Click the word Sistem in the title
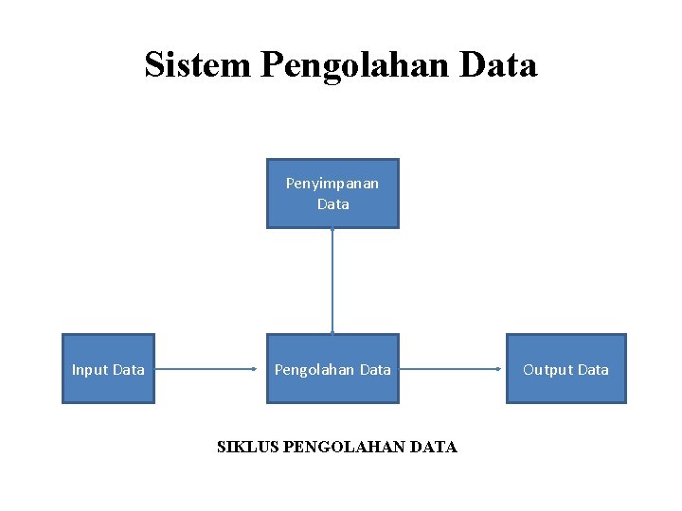pos(197,64)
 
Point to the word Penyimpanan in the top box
pos(332,183)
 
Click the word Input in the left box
pos(89,370)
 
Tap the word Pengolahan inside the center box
pos(314,370)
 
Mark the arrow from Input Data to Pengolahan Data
pos(210,369)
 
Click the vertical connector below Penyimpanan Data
pos(332,281)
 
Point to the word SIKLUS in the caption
pos(247,447)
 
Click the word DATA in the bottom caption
pos(435,447)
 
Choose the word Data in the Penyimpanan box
pos(333,203)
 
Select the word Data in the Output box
pos(592,370)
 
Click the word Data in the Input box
pos(128,370)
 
